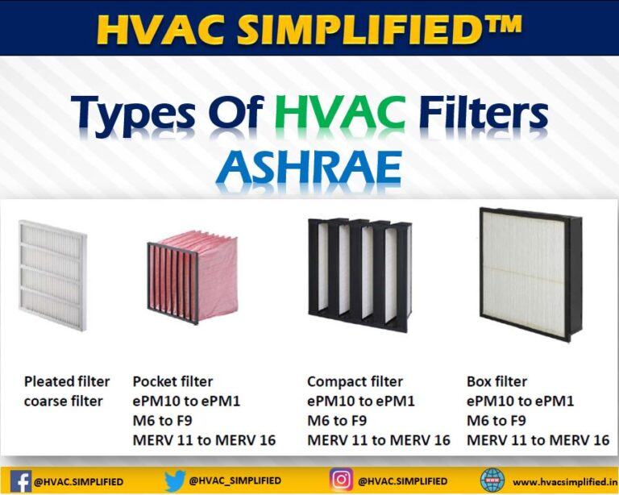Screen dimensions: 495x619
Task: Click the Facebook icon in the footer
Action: click(x=22, y=481)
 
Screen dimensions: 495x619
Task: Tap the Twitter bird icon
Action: click(x=175, y=480)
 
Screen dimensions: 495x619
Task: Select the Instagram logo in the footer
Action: click(x=342, y=480)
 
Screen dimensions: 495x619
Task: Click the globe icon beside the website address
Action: click(x=492, y=480)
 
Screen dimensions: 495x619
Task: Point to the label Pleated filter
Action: click(x=66, y=381)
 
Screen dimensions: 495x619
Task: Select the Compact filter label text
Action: click(x=355, y=381)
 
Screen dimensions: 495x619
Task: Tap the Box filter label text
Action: click(x=496, y=381)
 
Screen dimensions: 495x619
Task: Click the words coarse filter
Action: click(x=63, y=401)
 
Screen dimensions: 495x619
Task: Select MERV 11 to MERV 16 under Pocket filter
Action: click(x=204, y=439)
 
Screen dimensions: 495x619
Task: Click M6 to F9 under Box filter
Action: click(x=496, y=420)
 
